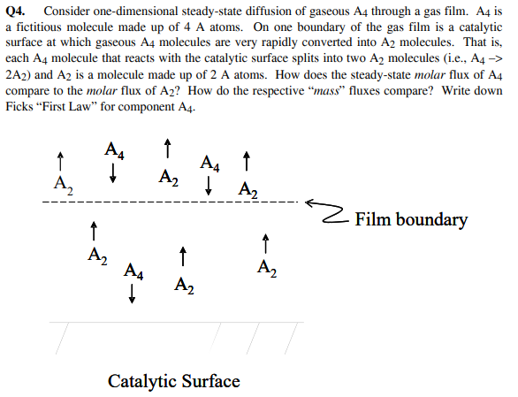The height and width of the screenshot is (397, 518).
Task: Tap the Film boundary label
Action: pos(410,220)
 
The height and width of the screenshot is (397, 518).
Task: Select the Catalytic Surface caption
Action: pos(173,381)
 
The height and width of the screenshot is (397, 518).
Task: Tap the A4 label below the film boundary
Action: pos(135,271)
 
